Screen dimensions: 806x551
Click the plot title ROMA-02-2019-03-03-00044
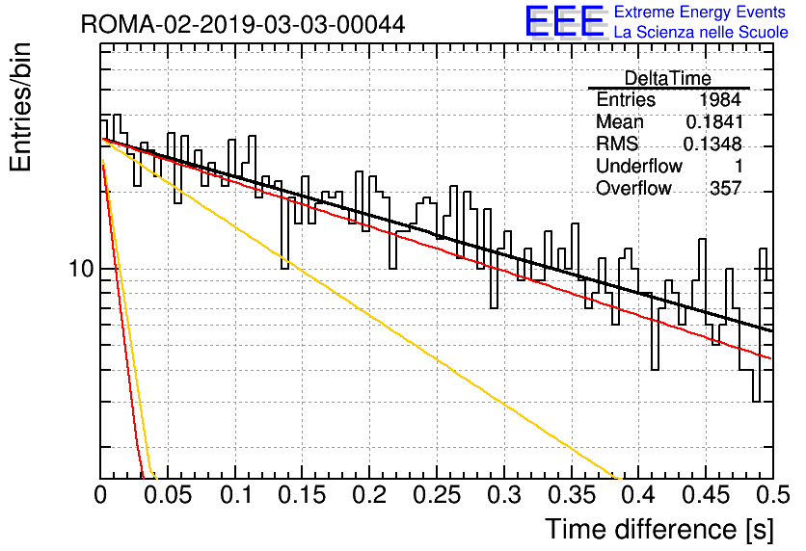[243, 25]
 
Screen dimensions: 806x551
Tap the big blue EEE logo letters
[565, 21]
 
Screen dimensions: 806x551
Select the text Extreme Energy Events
[700, 12]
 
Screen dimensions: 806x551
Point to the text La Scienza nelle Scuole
[701, 32]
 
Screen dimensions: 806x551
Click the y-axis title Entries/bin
[21, 107]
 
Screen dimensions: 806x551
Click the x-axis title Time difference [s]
[659, 529]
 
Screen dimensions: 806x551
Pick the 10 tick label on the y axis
[82, 269]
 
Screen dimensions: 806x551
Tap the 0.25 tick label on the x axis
[437, 495]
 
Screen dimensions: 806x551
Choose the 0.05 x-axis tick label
[168, 495]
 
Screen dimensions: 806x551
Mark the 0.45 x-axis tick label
[706, 495]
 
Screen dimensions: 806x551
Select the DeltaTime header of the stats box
[668, 78]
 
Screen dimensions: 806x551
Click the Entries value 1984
[719, 99]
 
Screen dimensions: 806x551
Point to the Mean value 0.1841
[714, 121]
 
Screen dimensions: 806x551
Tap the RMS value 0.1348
[712, 144]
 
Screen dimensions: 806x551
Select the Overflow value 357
[726, 188]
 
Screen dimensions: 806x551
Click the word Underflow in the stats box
[639, 166]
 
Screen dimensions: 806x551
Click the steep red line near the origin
[122, 320]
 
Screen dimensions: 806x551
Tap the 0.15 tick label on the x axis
[302, 495]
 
